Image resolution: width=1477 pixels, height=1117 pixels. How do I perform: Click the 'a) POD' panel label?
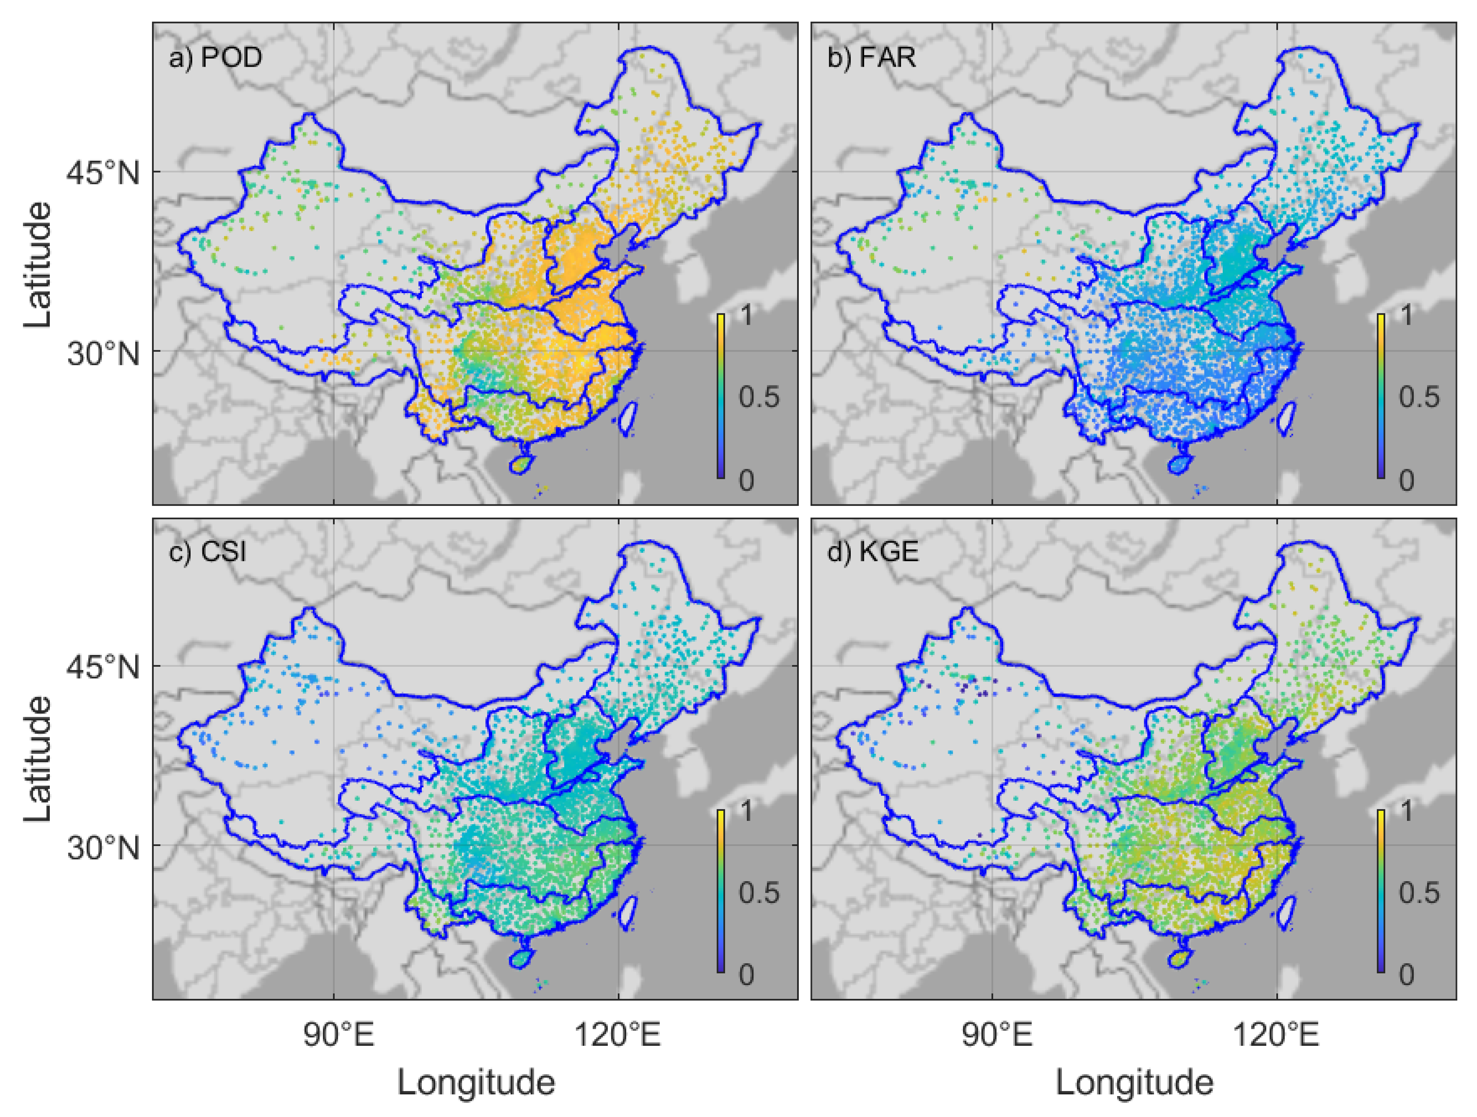pyautogui.click(x=215, y=58)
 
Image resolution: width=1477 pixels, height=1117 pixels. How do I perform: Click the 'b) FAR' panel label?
pyautogui.click(x=871, y=58)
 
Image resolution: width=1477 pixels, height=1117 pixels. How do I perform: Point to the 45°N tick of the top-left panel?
pyautogui.click(x=103, y=173)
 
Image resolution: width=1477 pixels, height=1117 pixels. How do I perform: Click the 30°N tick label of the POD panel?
pyautogui.click(x=103, y=354)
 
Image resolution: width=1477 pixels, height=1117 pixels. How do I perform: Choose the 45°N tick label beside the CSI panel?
pyautogui.click(x=103, y=667)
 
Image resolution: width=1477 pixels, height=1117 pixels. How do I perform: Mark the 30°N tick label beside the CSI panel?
pyautogui.click(x=103, y=848)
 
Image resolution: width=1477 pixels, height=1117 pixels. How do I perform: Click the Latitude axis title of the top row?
pyautogui.click(x=38, y=265)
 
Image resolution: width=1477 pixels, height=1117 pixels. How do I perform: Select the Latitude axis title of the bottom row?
pyautogui.click(x=38, y=759)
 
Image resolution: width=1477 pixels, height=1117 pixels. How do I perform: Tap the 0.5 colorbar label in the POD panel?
pyautogui.click(x=759, y=397)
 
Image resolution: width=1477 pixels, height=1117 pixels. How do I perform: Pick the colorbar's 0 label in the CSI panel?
pyautogui.click(x=746, y=975)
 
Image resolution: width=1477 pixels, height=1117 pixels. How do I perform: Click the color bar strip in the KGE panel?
pyautogui.click(x=1381, y=891)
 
